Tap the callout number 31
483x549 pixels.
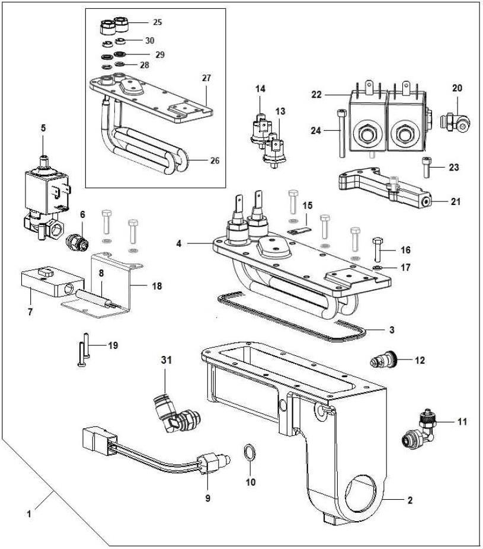[167, 359]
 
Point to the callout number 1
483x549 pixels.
[28, 514]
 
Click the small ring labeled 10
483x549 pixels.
[250, 454]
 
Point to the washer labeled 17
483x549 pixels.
[378, 268]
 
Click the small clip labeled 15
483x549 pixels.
[298, 226]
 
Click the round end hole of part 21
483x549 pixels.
[427, 201]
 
